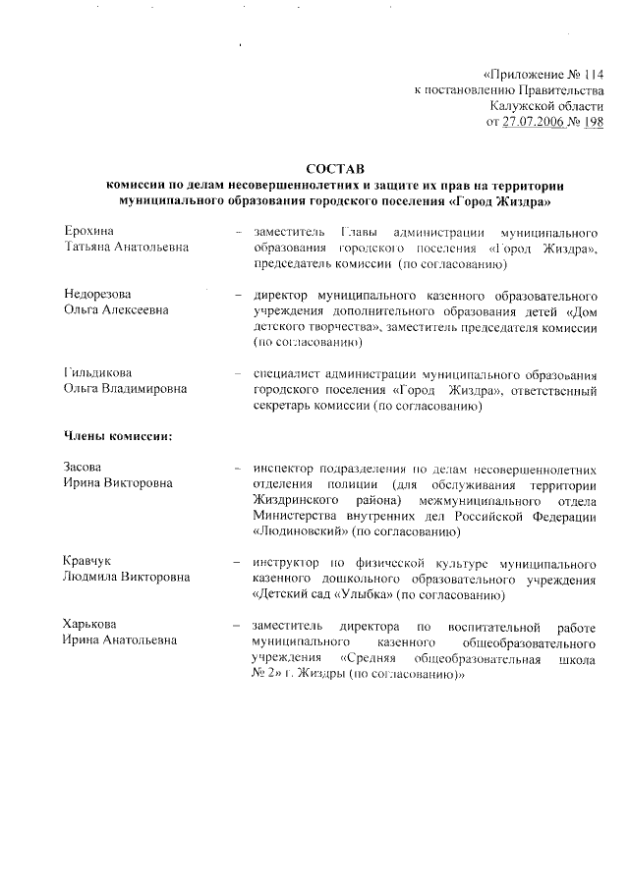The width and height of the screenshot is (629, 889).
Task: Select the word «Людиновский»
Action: (x=301, y=531)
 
